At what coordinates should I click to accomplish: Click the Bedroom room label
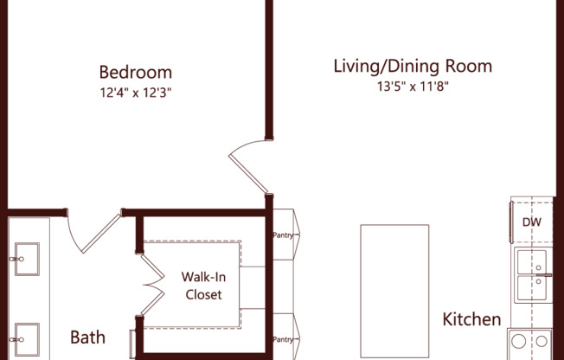coord(135,72)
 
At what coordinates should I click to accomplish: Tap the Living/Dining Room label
coord(413,66)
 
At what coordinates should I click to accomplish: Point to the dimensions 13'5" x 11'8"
coord(413,86)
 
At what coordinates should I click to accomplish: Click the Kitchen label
coord(471,319)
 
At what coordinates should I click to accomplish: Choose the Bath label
coord(87,336)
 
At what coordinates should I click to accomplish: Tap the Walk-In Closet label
coord(202,286)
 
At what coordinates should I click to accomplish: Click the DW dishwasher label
coord(531,222)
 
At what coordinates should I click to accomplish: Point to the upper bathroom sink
coord(25,256)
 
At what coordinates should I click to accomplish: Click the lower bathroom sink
coord(25,335)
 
